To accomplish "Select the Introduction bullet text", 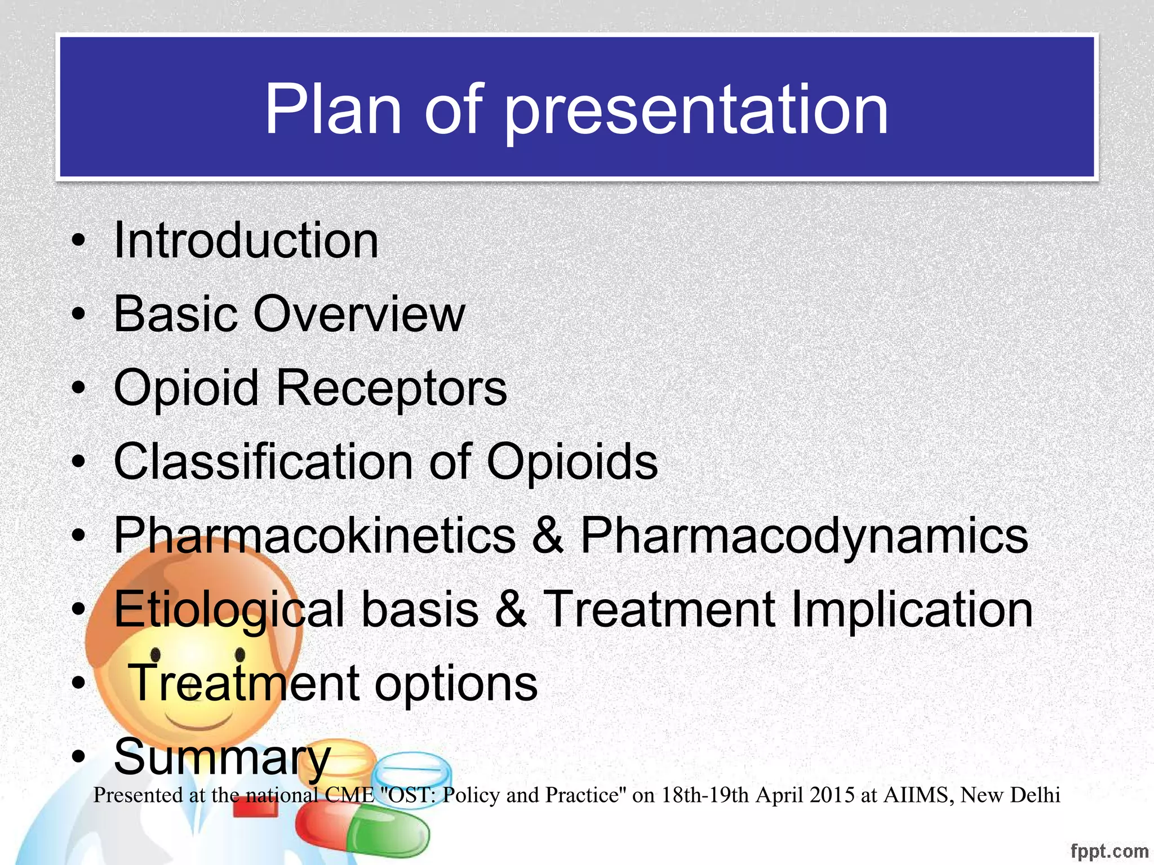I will pyautogui.click(x=246, y=240).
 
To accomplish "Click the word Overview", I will pyautogui.click(x=359, y=314).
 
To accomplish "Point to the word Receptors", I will pyautogui.click(x=391, y=389).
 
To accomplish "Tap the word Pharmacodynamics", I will pyautogui.click(x=804, y=536).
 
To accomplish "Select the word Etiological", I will pyautogui.click(x=229, y=610).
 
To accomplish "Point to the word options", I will pyautogui.click(x=456, y=684).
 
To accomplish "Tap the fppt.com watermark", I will pyautogui.click(x=1109, y=851).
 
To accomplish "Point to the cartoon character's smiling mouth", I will pyautogui.click(x=198, y=724).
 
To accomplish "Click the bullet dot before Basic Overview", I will pyautogui.click(x=79, y=315).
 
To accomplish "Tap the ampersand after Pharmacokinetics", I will pyautogui.click(x=547, y=536).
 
